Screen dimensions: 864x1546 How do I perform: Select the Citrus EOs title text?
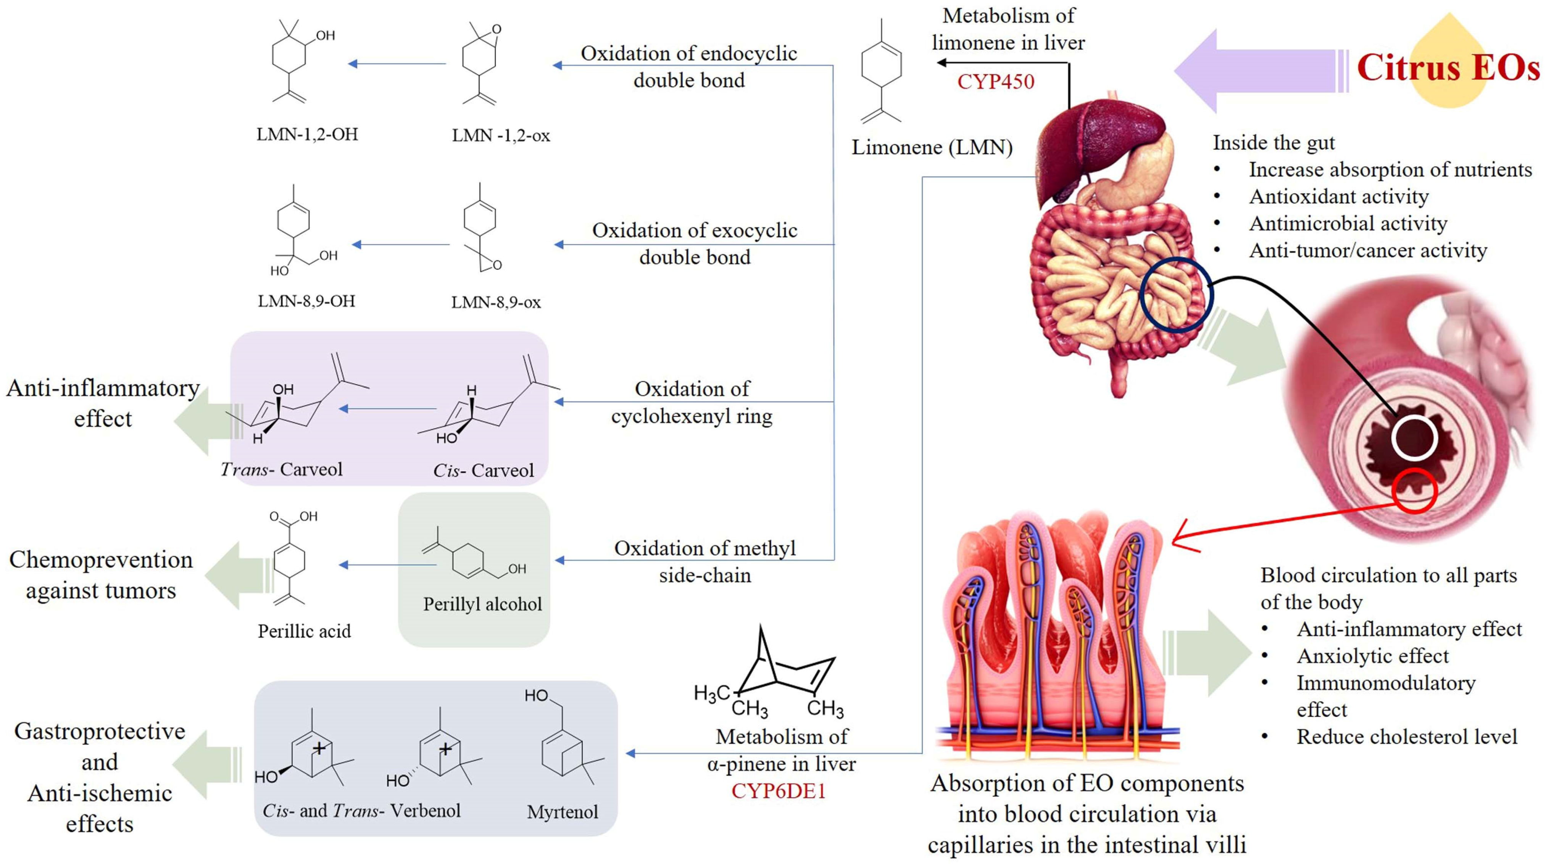click(1448, 67)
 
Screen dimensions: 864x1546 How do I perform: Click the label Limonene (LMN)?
click(932, 147)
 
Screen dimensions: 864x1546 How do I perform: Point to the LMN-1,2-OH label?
click(307, 134)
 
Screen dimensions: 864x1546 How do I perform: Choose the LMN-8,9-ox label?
click(496, 302)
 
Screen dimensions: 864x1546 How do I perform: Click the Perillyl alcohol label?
click(482, 604)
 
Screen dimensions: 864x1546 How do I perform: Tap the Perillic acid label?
click(304, 631)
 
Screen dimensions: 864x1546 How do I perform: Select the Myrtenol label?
click(563, 812)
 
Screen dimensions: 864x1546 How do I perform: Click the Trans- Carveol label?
click(282, 469)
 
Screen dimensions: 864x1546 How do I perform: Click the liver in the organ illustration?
click(1092, 150)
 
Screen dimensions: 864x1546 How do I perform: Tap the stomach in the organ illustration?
click(1140, 174)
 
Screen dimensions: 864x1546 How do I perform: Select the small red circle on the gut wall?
click(1415, 491)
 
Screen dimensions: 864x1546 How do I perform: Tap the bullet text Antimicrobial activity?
click(1348, 223)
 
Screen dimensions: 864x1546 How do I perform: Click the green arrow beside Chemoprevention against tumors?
click(237, 575)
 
